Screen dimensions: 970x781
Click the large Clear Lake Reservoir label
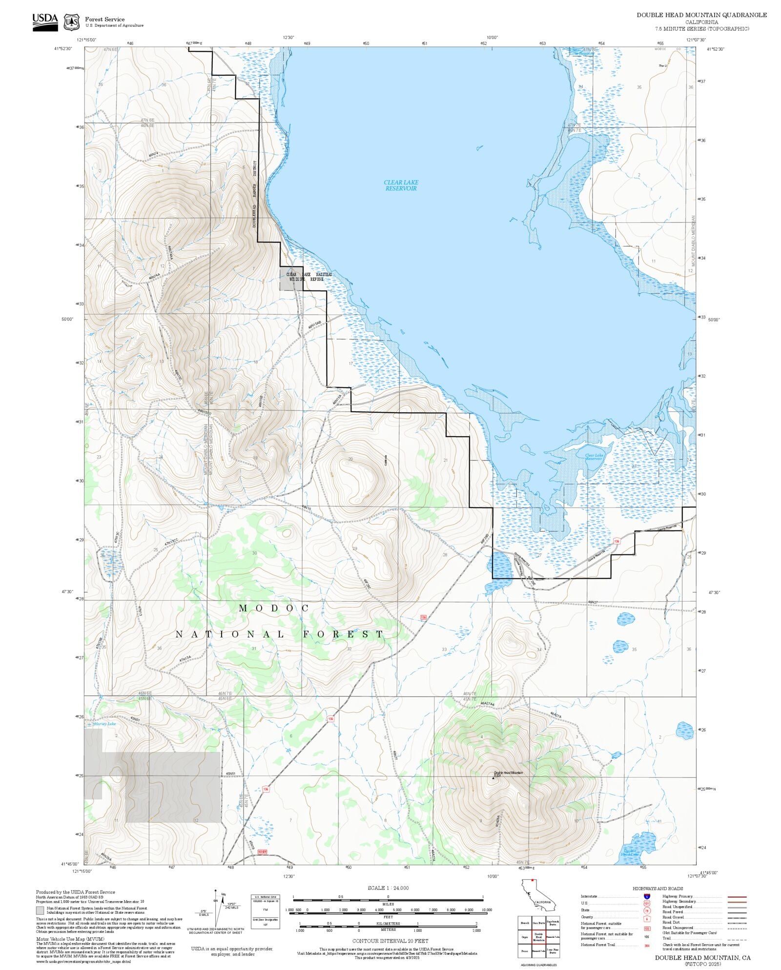pos(401,185)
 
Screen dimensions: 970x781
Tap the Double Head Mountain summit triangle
pos(493,779)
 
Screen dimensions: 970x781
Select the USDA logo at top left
pos(45,22)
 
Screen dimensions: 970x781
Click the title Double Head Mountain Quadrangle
pos(701,15)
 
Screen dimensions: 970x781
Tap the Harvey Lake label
pos(105,724)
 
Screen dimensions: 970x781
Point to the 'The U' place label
pos(662,65)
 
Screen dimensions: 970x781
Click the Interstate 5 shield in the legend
pos(647,897)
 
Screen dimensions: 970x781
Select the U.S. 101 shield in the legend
pos(647,904)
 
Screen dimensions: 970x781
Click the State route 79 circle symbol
pos(647,910)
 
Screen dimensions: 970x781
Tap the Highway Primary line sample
pos(737,897)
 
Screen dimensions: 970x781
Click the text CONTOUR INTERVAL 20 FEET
pos(390,941)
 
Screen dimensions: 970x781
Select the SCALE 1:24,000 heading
pos(388,888)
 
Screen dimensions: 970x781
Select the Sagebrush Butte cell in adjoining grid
pos(553,923)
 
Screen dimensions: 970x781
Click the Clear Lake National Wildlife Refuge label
pos(308,277)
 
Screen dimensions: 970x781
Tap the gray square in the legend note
pos(40,910)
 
